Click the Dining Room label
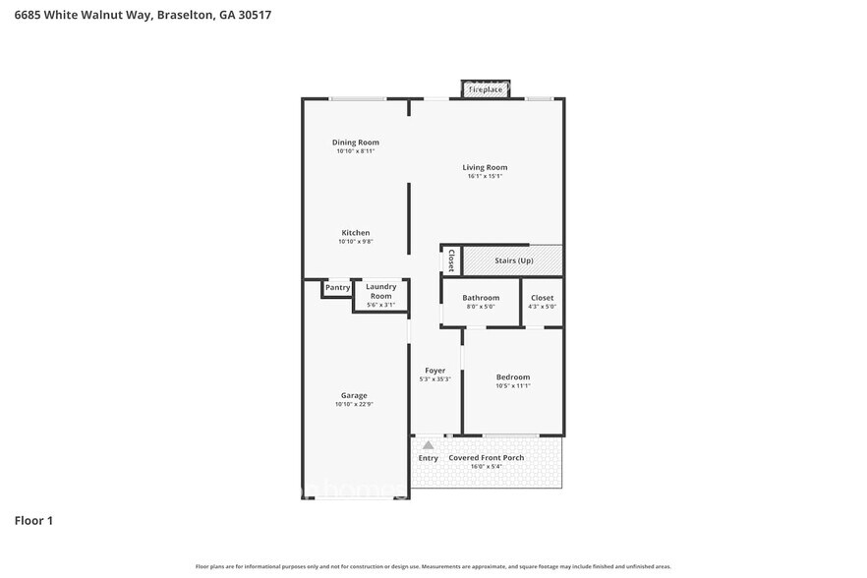pyautogui.click(x=355, y=143)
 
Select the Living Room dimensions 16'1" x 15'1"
pyautogui.click(x=485, y=177)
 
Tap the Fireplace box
pyautogui.click(x=485, y=90)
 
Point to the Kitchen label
pyautogui.click(x=355, y=233)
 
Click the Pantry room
pyautogui.click(x=337, y=288)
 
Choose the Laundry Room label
pyautogui.click(x=380, y=291)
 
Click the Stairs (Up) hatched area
pyautogui.click(x=513, y=260)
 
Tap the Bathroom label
pyautogui.click(x=482, y=298)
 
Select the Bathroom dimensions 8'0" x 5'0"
pyautogui.click(x=481, y=307)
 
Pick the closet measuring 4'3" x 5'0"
pyautogui.click(x=542, y=302)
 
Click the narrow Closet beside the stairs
pyautogui.click(x=450, y=260)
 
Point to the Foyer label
pyautogui.click(x=434, y=371)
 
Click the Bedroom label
pyautogui.click(x=512, y=377)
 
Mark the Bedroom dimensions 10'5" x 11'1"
pyautogui.click(x=512, y=386)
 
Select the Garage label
pyautogui.click(x=354, y=395)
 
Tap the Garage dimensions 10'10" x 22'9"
pyautogui.click(x=354, y=404)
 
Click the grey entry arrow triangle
pyautogui.click(x=428, y=445)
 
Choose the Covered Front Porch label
pyautogui.click(x=486, y=458)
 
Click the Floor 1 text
pyautogui.click(x=33, y=520)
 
